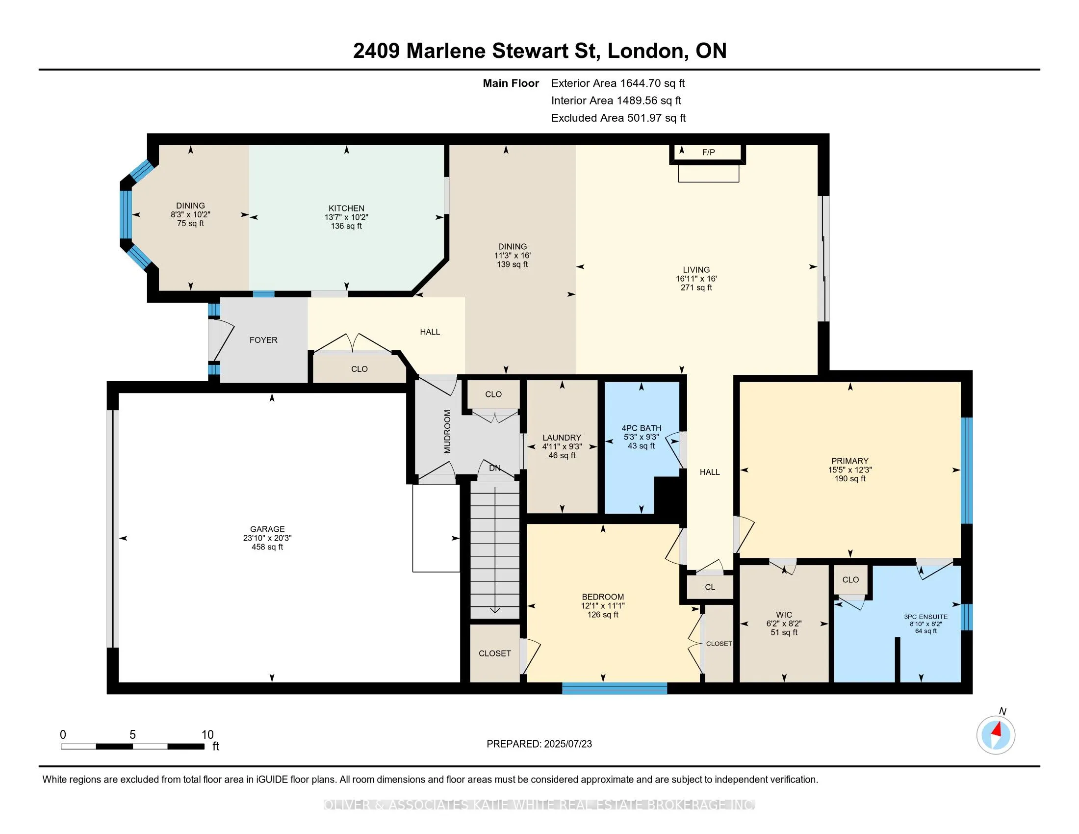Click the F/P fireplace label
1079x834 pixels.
[x=709, y=152]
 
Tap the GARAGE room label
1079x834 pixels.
[x=267, y=529]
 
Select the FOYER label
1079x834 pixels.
[x=263, y=340]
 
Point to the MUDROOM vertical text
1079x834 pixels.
[x=448, y=431]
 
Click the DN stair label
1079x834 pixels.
[x=494, y=468]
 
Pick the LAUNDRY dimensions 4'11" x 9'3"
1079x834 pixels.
[x=562, y=446]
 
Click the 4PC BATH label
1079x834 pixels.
[x=642, y=428]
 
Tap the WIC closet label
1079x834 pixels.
[x=784, y=615]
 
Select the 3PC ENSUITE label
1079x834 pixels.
[x=926, y=617]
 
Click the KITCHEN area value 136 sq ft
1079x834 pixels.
[x=346, y=226]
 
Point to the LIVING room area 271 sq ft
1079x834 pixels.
[x=696, y=287]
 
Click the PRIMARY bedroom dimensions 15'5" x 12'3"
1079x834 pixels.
[x=850, y=470]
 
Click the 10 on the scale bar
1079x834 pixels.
[x=207, y=735]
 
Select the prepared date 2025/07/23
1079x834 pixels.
[x=567, y=744]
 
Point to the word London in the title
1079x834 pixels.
[x=646, y=51]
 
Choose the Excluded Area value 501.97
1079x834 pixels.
[x=644, y=118]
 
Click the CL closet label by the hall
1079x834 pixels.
[x=710, y=587]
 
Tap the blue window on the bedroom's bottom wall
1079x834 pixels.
[x=615, y=688]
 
